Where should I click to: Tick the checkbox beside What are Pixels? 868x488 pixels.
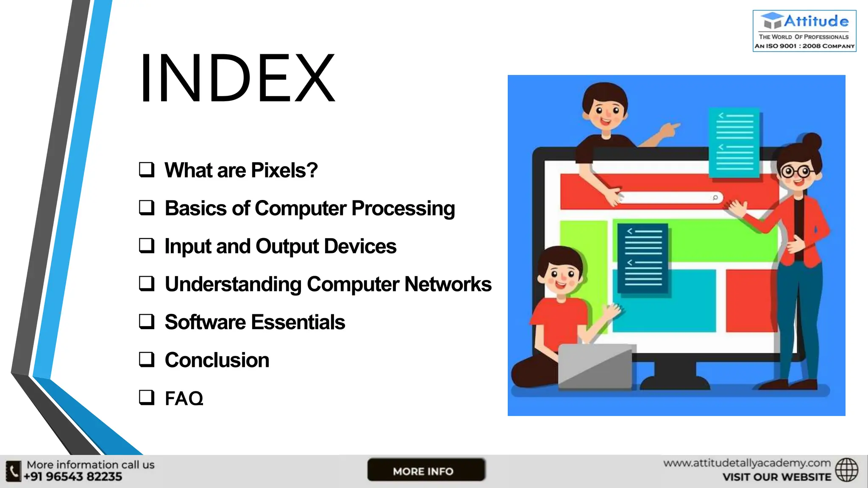(x=147, y=169)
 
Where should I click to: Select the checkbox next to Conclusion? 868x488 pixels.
(x=147, y=359)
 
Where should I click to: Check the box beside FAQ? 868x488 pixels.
(x=147, y=397)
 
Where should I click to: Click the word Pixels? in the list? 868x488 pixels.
(x=284, y=170)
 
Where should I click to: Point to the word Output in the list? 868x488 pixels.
(x=287, y=247)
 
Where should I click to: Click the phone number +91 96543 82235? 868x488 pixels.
(x=73, y=477)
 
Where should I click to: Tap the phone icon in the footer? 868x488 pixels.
(x=14, y=471)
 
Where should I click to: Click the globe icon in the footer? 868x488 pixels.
(x=846, y=470)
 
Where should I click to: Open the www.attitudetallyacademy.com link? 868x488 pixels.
(x=747, y=463)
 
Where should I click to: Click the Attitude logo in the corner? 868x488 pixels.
(x=804, y=31)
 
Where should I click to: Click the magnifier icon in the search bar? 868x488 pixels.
(x=715, y=197)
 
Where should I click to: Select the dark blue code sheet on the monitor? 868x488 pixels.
(x=643, y=258)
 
